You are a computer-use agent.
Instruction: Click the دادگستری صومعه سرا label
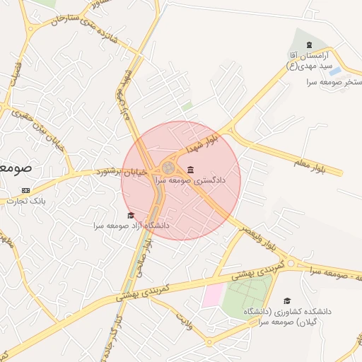click(x=215, y=180)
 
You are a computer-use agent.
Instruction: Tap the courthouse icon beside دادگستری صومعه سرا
click(x=192, y=170)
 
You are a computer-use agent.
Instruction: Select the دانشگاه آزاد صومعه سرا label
click(x=131, y=226)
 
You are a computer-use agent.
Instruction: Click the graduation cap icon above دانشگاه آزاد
click(x=130, y=216)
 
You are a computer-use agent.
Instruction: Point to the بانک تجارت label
click(x=27, y=201)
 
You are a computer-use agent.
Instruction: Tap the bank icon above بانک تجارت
click(x=27, y=190)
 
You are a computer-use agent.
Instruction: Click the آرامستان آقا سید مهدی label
click(x=310, y=60)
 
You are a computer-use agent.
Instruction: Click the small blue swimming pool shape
click(x=335, y=71)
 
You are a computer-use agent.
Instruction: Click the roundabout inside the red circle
click(x=169, y=168)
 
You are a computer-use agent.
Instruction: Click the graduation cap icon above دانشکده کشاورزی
click(x=286, y=301)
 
